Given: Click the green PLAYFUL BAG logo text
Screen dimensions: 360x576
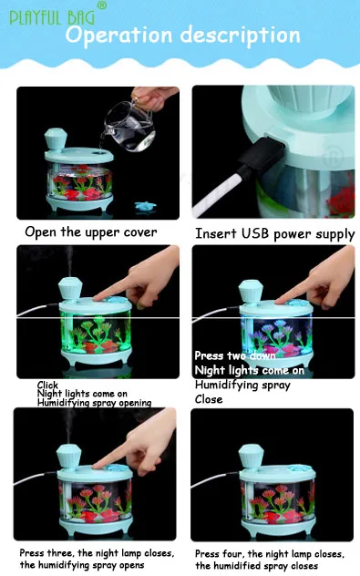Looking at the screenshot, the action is point(52,18).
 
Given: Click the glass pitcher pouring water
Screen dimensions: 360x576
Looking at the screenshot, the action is point(130,125).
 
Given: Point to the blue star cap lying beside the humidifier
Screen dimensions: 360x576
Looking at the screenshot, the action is point(145,206).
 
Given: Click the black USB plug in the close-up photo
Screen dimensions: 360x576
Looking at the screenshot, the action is point(262,153).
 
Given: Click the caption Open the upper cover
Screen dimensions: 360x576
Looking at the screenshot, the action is point(91,232).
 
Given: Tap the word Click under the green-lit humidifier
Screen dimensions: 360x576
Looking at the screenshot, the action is point(47,385).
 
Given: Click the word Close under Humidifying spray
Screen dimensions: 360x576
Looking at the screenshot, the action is point(209,399).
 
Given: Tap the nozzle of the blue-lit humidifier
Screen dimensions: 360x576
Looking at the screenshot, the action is point(251,292).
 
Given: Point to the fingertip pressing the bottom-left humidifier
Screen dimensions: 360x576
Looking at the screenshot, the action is point(97,466).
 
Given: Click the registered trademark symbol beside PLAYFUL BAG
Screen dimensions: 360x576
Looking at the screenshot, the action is point(102,5).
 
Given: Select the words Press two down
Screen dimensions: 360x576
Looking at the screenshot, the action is point(235,355).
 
